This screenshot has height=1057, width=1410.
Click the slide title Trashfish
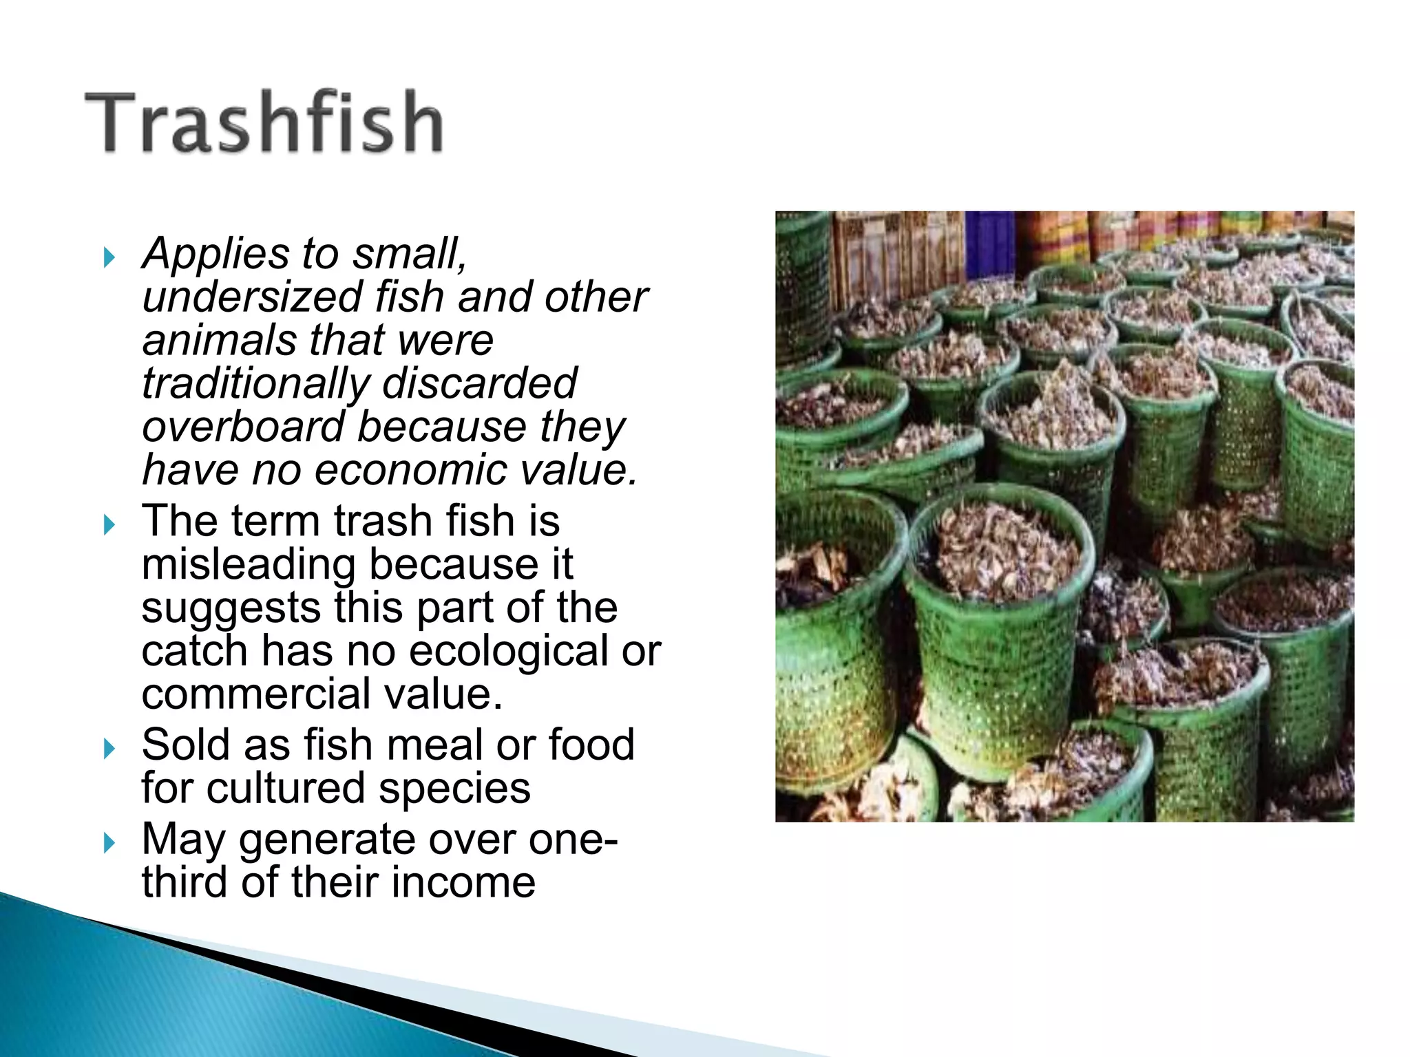[x=264, y=122]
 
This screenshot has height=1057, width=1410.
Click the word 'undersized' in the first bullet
[x=252, y=297]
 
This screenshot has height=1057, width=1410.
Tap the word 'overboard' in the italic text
[x=243, y=427]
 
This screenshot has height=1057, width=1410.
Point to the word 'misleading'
[x=249, y=565]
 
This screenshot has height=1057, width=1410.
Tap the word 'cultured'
[x=286, y=789]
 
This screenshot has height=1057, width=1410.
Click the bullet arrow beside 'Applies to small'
[x=109, y=258]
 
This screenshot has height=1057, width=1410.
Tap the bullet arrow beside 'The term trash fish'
[x=109, y=526]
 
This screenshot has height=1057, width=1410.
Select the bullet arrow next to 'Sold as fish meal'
[x=109, y=749]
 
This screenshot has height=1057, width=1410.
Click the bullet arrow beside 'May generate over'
[x=109, y=843]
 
